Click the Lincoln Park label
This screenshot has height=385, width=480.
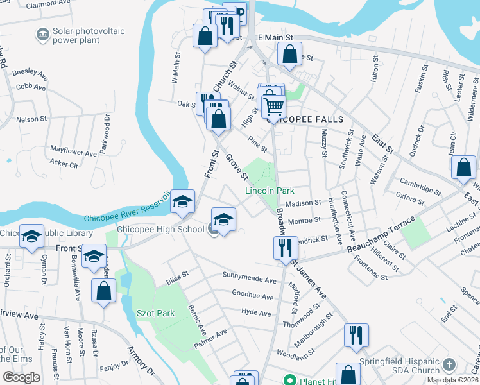point(270,191)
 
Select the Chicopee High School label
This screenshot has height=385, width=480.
point(160,229)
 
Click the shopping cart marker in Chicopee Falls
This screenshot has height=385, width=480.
point(273,107)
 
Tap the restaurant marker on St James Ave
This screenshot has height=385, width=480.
point(285,247)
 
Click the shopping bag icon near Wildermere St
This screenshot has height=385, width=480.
point(463,167)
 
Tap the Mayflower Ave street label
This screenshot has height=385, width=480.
point(73,153)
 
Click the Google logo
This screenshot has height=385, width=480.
point(21,377)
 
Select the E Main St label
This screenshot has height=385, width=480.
point(275,38)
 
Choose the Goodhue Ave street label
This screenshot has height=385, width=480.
point(252,297)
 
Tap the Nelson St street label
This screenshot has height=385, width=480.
point(31,119)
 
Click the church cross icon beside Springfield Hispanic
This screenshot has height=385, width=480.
point(449,366)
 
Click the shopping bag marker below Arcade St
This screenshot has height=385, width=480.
point(103,291)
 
